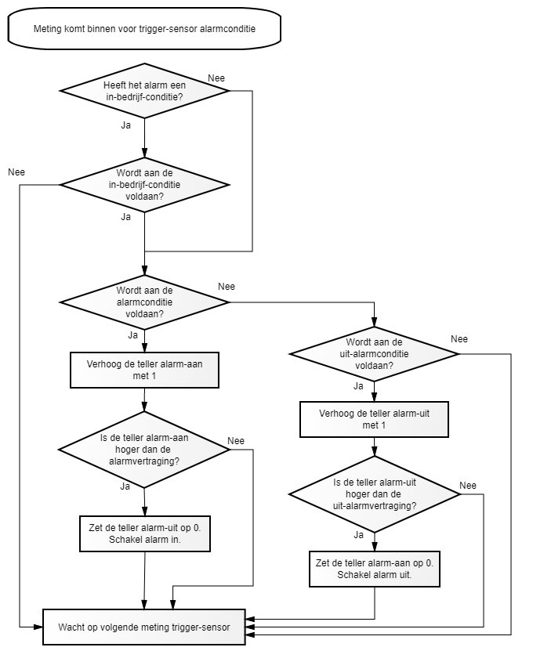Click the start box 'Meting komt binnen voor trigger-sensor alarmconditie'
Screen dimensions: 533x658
144,28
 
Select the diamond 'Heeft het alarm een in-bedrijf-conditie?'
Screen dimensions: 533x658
144,91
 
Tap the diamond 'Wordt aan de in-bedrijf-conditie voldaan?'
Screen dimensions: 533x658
144,185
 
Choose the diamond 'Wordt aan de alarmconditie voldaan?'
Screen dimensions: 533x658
144,302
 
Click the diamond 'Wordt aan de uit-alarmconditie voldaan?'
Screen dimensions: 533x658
374,354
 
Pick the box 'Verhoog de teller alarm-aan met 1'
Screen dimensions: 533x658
144,370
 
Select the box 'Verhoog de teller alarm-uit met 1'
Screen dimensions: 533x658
374,419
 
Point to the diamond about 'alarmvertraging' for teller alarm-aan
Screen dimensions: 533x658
144,450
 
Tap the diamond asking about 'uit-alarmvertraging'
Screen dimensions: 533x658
374,494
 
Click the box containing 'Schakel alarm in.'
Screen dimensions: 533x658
145,533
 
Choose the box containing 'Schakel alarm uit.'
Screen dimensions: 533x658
374,569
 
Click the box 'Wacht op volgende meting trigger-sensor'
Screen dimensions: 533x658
144,627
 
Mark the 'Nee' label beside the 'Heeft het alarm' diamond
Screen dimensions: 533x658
216,78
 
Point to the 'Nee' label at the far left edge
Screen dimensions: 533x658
16,172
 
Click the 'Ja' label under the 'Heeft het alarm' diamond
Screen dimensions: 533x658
126,125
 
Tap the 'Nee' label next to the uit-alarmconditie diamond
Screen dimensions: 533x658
459,339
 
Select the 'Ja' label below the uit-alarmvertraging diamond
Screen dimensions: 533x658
358,534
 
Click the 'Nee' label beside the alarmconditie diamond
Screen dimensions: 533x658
227,287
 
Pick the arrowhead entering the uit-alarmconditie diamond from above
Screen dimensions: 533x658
374,322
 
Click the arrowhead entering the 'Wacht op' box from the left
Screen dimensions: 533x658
38,627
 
